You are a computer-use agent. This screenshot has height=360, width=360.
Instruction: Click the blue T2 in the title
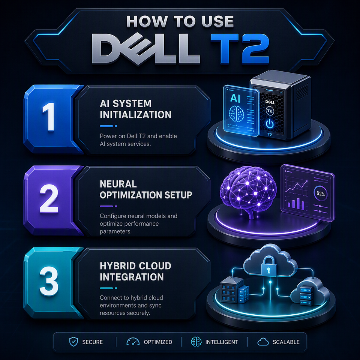point(240,49)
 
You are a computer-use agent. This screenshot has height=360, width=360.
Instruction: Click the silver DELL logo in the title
point(146,49)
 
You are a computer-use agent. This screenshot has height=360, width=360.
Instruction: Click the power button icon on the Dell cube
point(270,124)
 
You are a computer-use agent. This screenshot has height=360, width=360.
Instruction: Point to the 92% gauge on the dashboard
point(321,193)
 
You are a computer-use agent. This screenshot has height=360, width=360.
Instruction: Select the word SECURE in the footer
point(92,342)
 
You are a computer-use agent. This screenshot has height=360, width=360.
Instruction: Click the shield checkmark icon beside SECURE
point(73,342)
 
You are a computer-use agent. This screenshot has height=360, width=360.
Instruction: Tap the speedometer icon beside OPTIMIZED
point(133,342)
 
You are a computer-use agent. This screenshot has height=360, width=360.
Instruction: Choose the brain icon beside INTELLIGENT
point(196,342)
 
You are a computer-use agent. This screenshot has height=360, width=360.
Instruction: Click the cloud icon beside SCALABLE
point(263,342)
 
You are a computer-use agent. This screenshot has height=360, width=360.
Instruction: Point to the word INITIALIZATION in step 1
point(135,115)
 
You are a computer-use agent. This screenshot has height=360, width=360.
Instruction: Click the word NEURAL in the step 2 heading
point(118,184)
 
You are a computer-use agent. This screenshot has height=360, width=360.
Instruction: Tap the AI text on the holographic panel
point(235,98)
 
